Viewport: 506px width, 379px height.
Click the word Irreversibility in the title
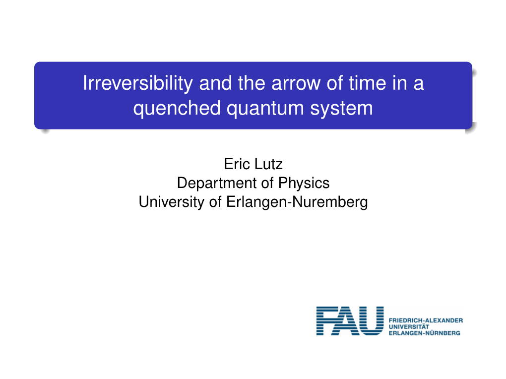[138, 83]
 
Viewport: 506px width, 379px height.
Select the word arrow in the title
[296, 83]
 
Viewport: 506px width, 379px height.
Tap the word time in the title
[367, 83]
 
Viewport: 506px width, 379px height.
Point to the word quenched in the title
[177, 109]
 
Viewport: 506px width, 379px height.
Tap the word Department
[217, 183]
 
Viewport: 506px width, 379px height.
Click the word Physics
[304, 184]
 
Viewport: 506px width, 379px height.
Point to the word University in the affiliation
[171, 202]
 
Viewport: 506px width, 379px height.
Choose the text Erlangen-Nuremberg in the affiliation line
[297, 202]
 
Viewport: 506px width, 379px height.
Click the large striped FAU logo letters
[350, 321]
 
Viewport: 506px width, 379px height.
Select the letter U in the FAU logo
[372, 321]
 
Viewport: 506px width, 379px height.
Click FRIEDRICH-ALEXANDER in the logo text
[426, 320]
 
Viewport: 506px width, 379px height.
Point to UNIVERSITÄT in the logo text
[409, 326]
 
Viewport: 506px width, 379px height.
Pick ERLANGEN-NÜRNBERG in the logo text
[425, 333]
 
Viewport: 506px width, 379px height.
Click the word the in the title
[252, 83]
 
